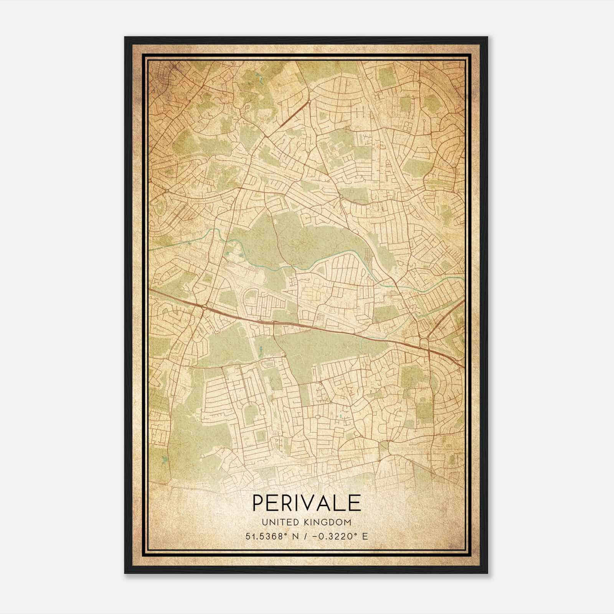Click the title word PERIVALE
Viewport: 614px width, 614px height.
coord(307,503)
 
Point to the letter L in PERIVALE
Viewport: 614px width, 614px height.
coord(341,503)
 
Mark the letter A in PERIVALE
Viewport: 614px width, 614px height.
coord(326,503)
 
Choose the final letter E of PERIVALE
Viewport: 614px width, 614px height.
coord(355,503)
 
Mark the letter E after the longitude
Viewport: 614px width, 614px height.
coord(365,536)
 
